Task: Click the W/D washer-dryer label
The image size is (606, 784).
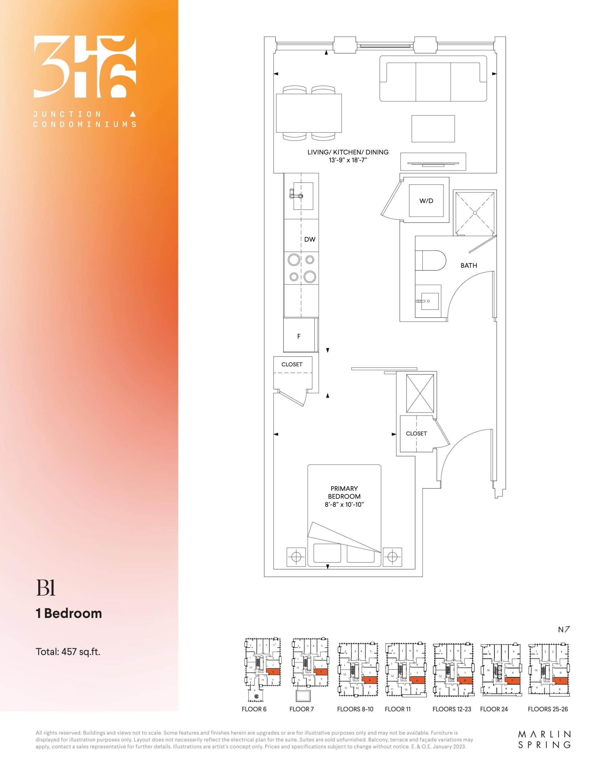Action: (x=426, y=201)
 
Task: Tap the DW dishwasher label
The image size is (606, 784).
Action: (x=310, y=239)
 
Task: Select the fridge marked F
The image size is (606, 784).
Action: (x=299, y=336)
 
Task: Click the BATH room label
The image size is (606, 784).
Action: (x=469, y=266)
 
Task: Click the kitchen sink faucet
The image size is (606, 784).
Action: (x=296, y=196)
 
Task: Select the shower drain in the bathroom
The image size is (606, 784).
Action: (x=475, y=213)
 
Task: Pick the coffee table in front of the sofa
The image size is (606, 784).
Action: (x=433, y=129)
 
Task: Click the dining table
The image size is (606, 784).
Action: (x=309, y=113)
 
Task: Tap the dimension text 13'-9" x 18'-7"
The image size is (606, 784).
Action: (x=348, y=160)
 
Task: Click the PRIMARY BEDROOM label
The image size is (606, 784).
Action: (x=344, y=492)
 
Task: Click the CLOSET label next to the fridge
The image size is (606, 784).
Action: (x=292, y=364)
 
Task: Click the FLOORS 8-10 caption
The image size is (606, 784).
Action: (x=355, y=709)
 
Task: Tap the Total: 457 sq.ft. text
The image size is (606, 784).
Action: (x=68, y=651)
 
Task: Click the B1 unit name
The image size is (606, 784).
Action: (x=45, y=588)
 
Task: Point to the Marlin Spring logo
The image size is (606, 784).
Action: (x=544, y=740)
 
